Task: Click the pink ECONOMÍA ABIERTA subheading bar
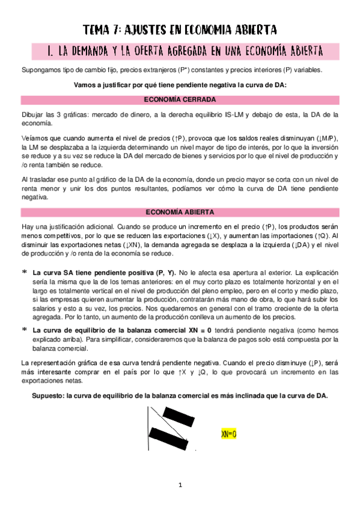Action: click(x=180, y=212)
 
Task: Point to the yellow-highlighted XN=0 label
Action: click(x=228, y=433)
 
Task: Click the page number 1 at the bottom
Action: click(x=180, y=485)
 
